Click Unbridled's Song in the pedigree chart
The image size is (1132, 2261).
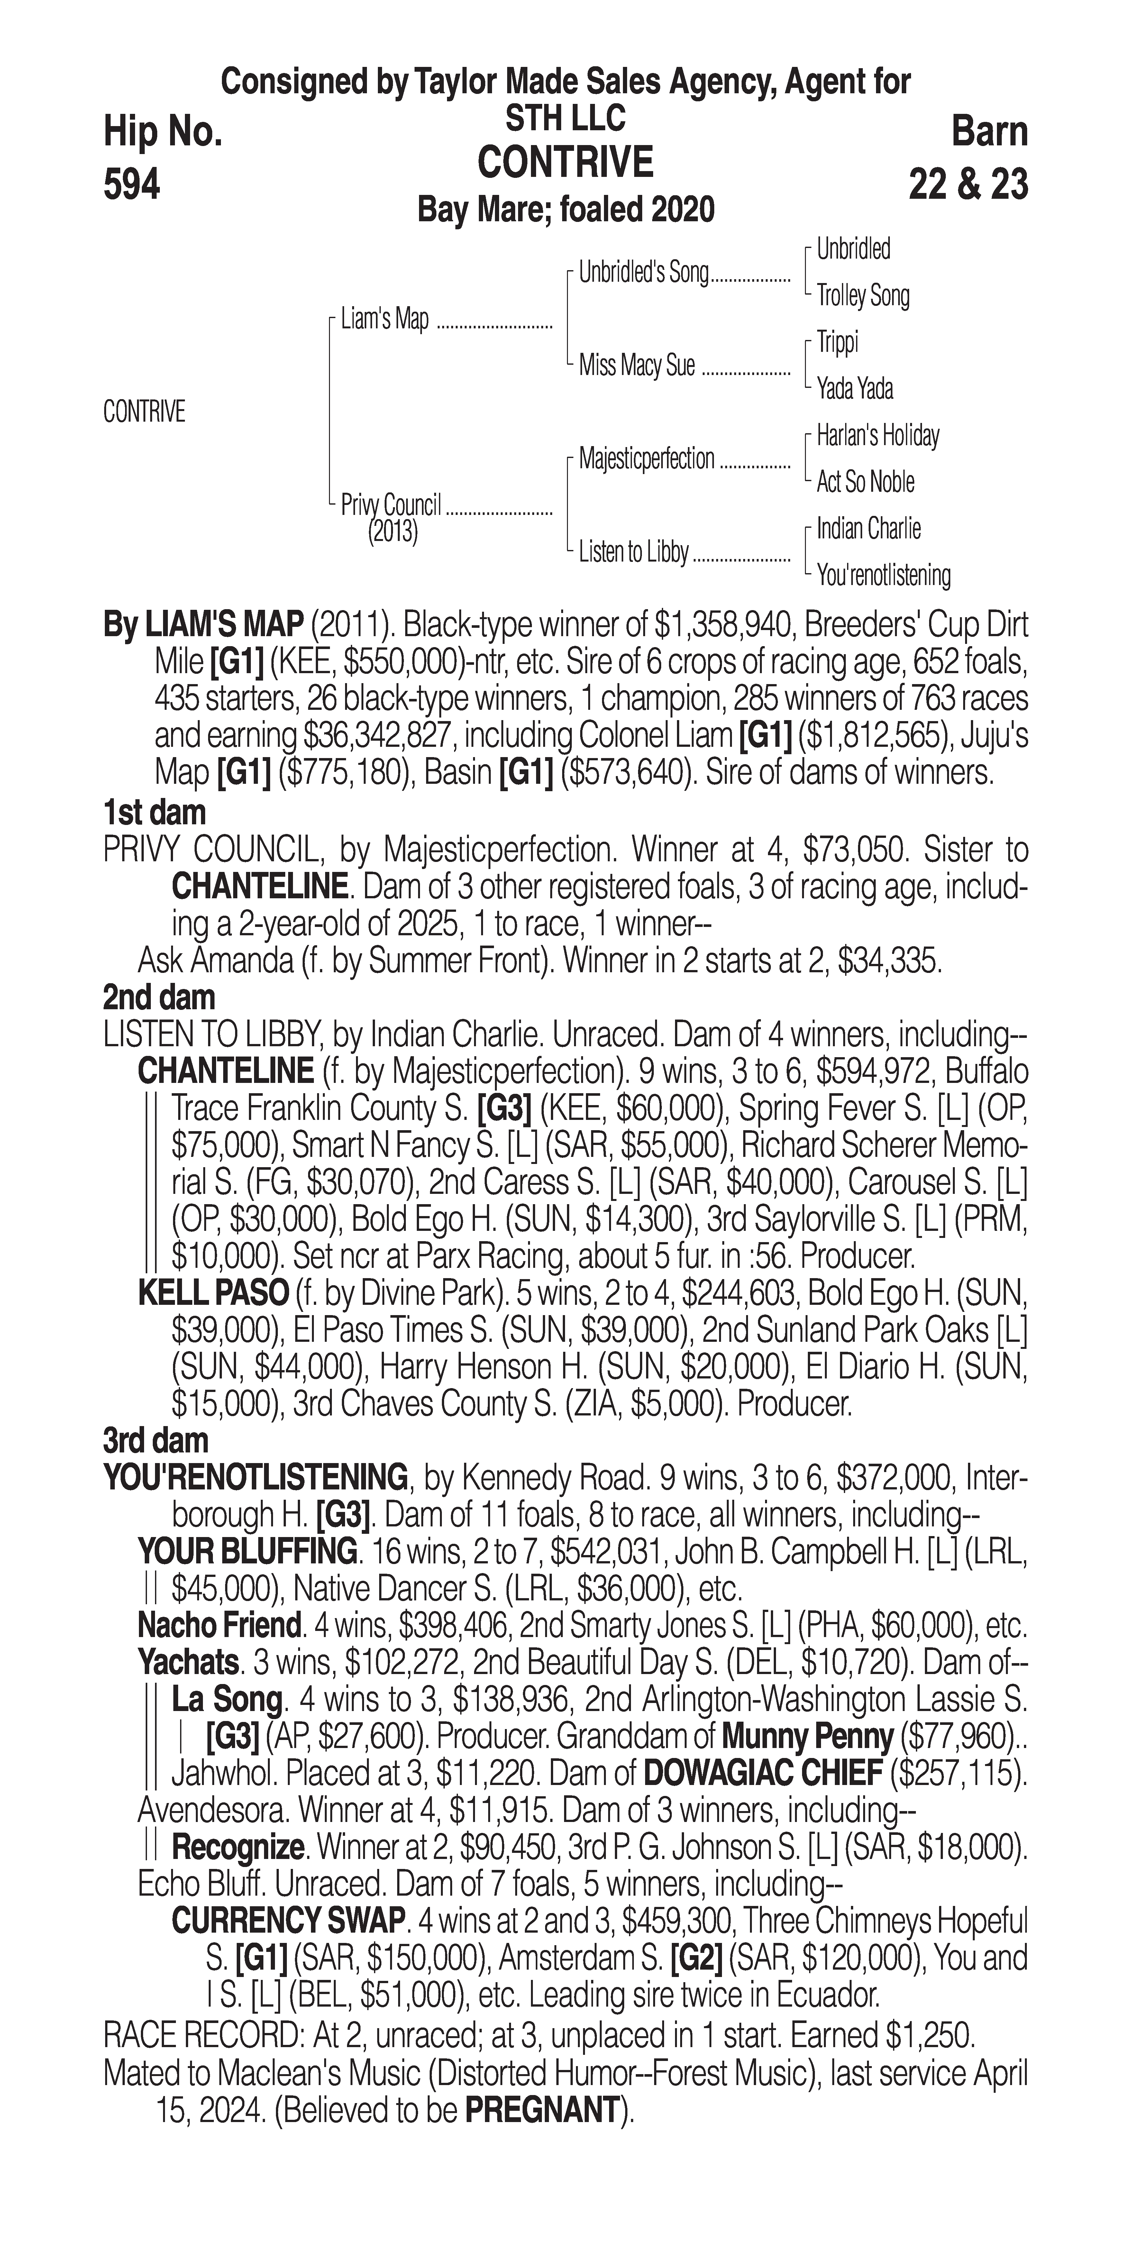[x=643, y=273]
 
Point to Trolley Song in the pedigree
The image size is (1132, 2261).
[x=863, y=296]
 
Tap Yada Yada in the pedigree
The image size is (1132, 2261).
[x=855, y=388]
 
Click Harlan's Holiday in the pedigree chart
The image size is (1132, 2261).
[x=878, y=435]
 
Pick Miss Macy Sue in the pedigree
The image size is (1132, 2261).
[x=636, y=365]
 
